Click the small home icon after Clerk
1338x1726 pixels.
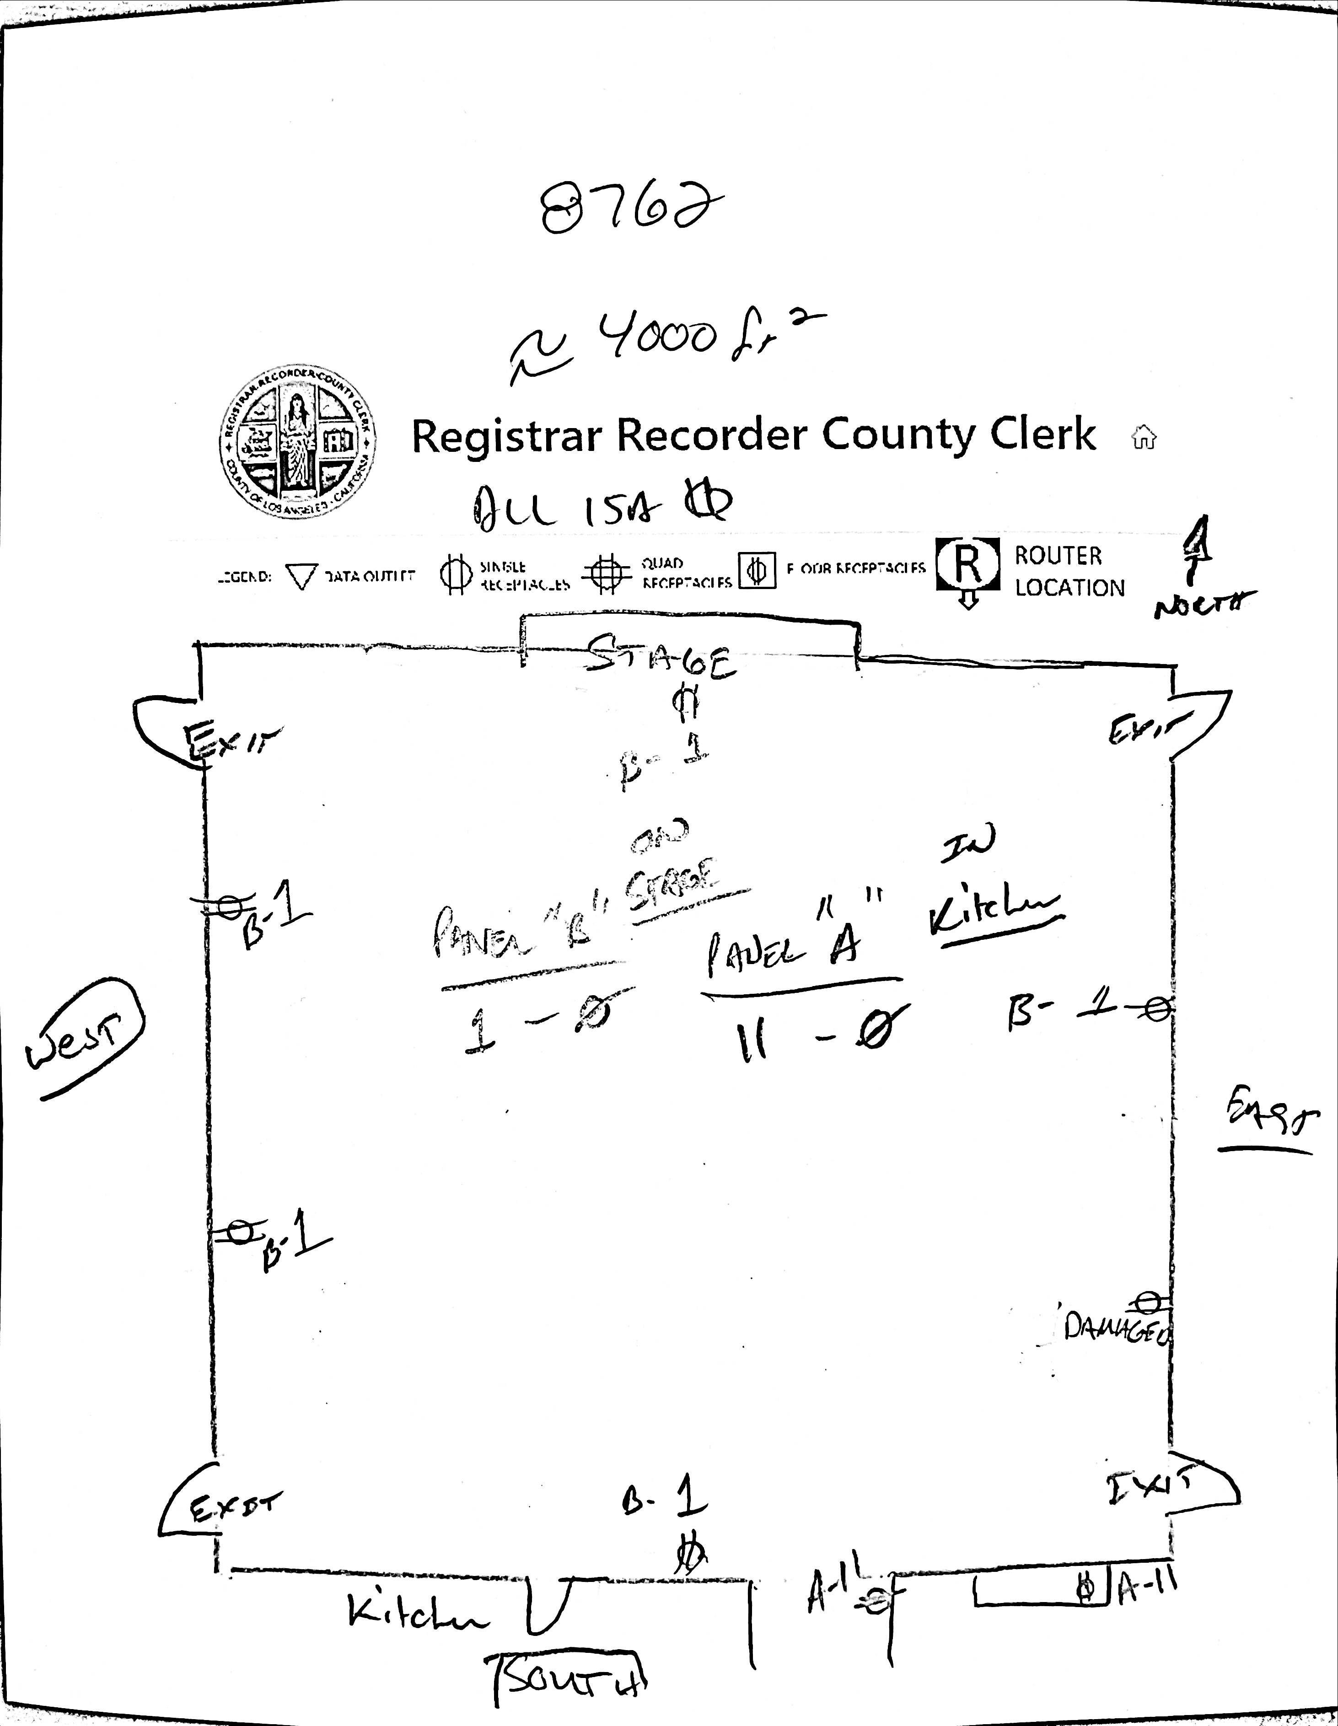(1144, 437)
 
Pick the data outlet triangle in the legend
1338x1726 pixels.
(301, 576)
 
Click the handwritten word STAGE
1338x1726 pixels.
(661, 660)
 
